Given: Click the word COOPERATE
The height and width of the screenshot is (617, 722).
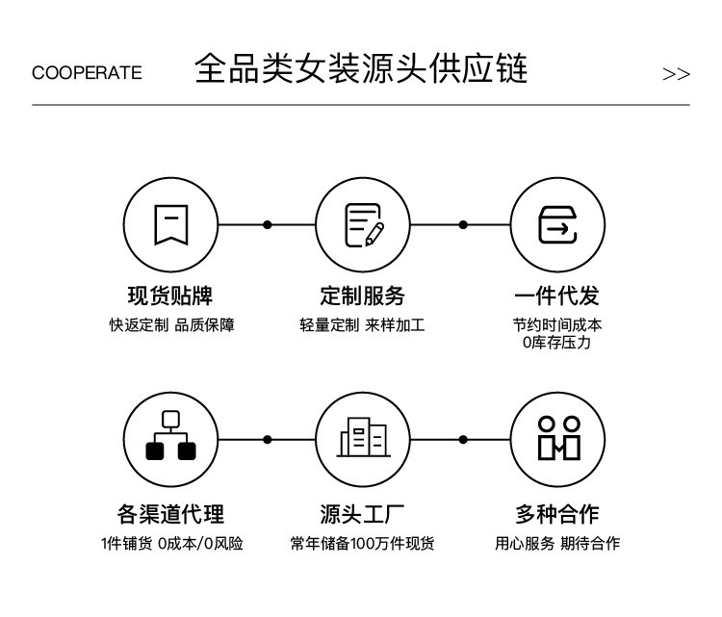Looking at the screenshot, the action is pos(87,73).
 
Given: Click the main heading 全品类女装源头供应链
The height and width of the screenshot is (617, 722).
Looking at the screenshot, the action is pos(361,69).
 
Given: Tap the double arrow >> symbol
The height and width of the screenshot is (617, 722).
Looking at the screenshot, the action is pos(676,74).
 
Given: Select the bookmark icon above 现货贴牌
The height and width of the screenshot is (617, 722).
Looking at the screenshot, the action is pos(170,224).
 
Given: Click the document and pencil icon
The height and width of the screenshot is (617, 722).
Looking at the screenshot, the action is pos(364,224).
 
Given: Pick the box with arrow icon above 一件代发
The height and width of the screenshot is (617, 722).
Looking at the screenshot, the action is pos(557,224).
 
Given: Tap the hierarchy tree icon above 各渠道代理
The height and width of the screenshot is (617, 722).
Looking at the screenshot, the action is pos(170,435).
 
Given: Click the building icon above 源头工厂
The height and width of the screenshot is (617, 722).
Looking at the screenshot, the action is pos(364,437).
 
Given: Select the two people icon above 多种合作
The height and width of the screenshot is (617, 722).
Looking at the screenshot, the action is pos(559,438).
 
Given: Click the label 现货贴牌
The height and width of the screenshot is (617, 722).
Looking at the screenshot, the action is pos(170,296).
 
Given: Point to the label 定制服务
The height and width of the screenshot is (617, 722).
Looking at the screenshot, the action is pos(362,296).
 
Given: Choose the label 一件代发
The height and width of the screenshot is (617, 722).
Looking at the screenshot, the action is pos(556,296).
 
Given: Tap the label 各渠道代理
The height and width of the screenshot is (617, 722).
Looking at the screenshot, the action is pos(170,514).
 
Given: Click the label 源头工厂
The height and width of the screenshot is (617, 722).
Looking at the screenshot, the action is pos(362,514).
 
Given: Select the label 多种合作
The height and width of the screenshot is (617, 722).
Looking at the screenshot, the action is pos(557,514).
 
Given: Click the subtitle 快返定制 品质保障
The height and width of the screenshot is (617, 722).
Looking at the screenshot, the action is pos(171,325).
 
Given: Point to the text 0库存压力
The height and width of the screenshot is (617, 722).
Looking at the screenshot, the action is pos(556,343).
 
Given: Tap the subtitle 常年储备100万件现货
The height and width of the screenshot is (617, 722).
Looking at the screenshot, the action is pos(362,543).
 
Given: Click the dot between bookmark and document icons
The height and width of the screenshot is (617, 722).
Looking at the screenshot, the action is pos(268,224).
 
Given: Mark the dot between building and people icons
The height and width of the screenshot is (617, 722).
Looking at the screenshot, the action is pos(463,440).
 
